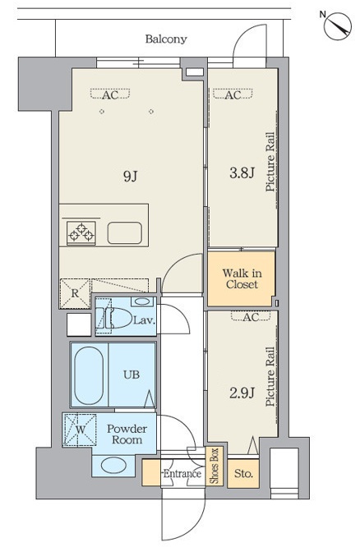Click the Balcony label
pos(166,39)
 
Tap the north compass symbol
pos(337,25)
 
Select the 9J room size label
pos(130,176)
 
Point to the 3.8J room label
pos(242,172)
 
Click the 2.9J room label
pos(242,393)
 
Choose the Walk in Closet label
pos(242,278)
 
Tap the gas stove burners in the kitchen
pos(81,233)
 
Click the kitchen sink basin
pos(125,233)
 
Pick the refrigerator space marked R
pos(75,293)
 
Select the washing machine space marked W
pos(80,430)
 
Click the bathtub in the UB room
pos(89,375)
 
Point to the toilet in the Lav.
pos(114,318)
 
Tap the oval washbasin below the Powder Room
pos(113,466)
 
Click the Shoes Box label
pos(215,467)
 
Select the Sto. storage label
pos(243,473)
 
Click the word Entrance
pos(182,473)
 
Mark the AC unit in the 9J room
pos(110,94)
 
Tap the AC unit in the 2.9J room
pos(251,316)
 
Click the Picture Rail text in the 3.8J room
pos(270,162)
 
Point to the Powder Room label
pos(127,434)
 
